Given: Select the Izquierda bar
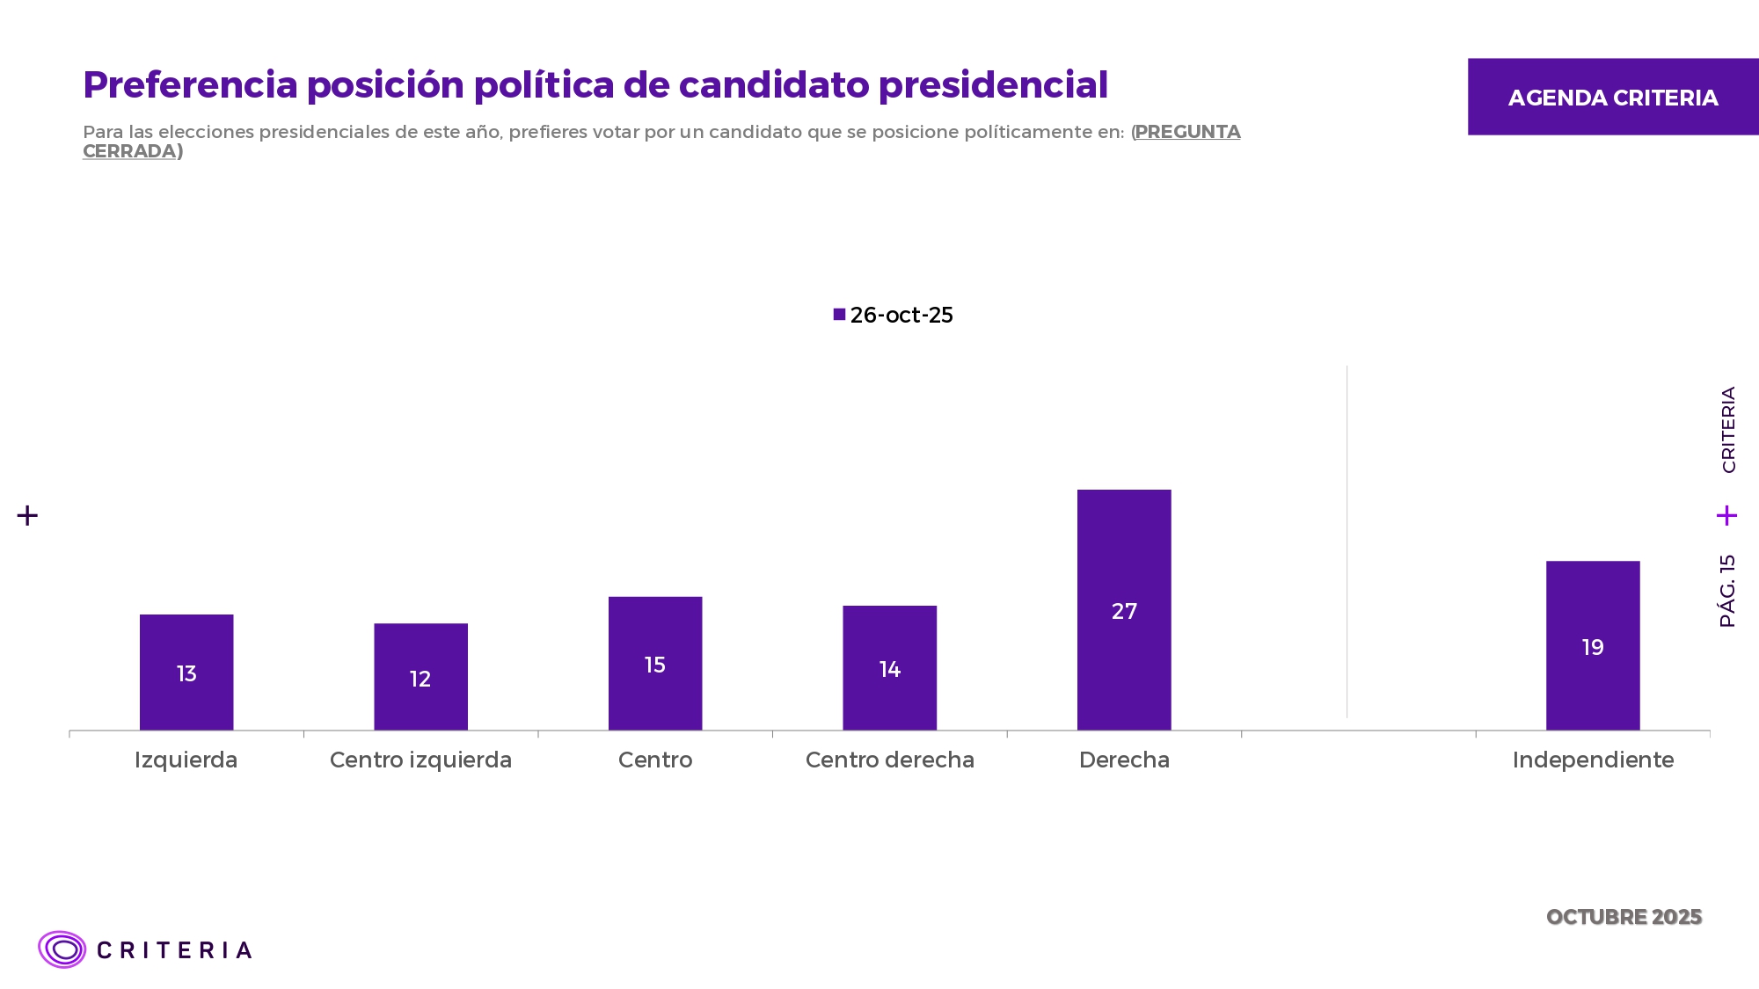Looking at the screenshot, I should (186, 642).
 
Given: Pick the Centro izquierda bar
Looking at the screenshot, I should (420, 651).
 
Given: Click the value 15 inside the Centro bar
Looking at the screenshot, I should (655, 665).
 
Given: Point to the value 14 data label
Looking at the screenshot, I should (890, 670).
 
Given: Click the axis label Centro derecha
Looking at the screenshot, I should (890, 760).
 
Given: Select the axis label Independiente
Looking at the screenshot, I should (1593, 760).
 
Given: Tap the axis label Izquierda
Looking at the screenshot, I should (186, 760).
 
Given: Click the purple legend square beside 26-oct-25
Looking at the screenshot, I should (840, 315).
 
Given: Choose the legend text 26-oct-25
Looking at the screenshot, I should (901, 316).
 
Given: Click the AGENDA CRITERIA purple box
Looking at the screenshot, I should (1613, 97).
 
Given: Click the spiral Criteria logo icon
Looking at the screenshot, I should (62, 949).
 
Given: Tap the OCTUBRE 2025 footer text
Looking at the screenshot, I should (1624, 917).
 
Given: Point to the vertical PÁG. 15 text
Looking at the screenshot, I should (1727, 591).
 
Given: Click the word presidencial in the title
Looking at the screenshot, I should (993, 85).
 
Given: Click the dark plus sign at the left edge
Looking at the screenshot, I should (27, 515).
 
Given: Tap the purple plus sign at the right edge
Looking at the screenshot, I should (1726, 515).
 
